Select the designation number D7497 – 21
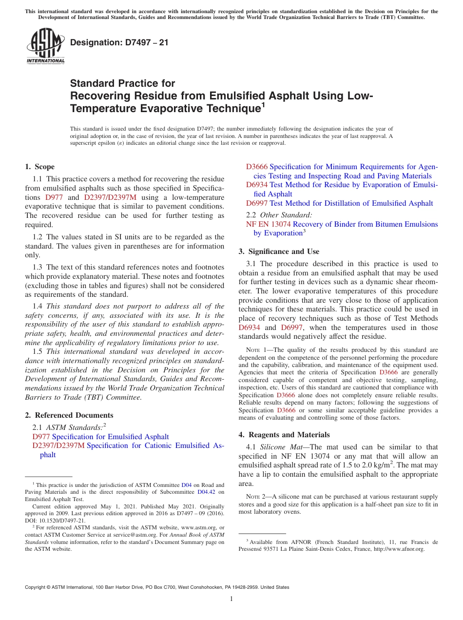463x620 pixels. [x=119, y=42]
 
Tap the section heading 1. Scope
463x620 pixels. [x=40, y=167]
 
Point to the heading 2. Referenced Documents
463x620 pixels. [x=69, y=415]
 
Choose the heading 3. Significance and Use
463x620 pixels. [x=279, y=252]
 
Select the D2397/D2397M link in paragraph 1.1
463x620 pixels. [x=110, y=197]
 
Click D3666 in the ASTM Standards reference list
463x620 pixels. [x=256, y=167]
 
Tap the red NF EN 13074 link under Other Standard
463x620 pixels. [x=268, y=224]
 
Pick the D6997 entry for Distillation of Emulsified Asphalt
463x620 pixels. [x=256, y=203]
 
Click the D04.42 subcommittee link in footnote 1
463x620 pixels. [x=206, y=492]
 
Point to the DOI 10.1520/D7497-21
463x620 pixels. [x=55, y=521]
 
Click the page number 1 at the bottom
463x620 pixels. [x=231, y=599]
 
